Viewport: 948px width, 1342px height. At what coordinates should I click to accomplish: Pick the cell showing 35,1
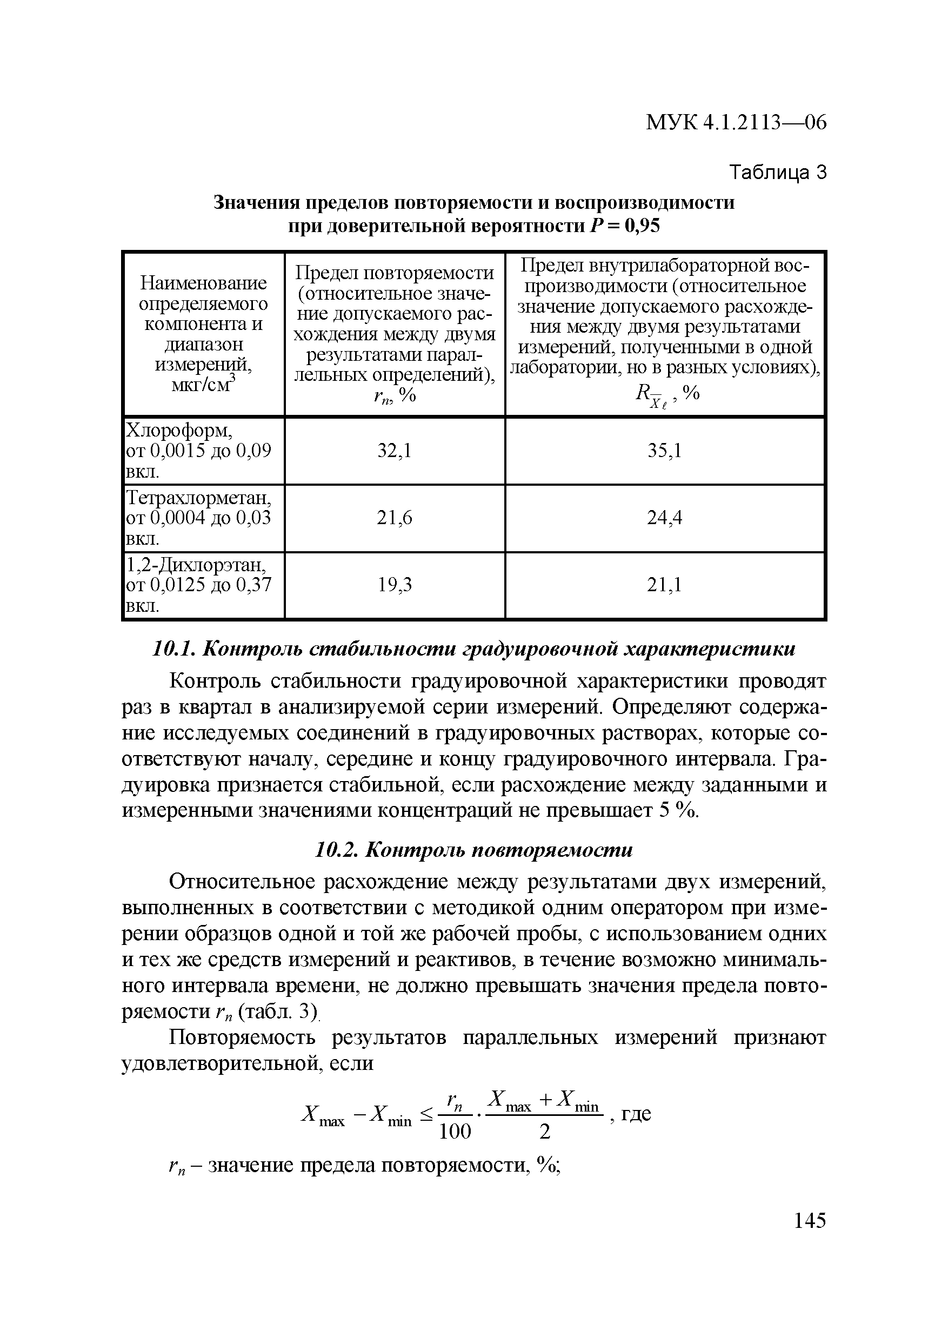click(x=664, y=451)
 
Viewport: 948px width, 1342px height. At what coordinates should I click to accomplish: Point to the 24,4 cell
click(x=664, y=518)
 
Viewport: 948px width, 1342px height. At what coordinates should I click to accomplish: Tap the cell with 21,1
click(x=664, y=585)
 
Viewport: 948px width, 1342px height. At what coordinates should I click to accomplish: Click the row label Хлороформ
click(x=179, y=431)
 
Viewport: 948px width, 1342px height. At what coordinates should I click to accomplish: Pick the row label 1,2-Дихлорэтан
click(x=196, y=565)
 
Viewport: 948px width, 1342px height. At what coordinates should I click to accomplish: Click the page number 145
click(x=810, y=1220)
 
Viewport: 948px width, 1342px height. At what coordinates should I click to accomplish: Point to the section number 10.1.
click(x=172, y=650)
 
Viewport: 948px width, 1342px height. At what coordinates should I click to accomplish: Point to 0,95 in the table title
click(x=642, y=226)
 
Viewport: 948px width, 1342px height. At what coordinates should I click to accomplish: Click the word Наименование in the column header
click(x=203, y=283)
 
